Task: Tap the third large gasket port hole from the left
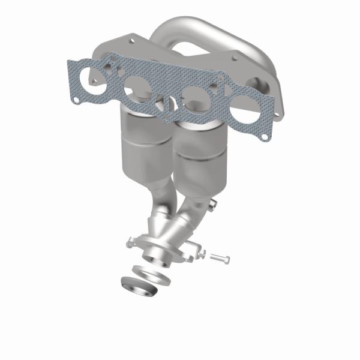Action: pyautogui.click(x=194, y=97)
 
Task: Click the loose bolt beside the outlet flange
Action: pyautogui.click(x=219, y=257)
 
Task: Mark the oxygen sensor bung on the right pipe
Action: pyautogui.click(x=211, y=207)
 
